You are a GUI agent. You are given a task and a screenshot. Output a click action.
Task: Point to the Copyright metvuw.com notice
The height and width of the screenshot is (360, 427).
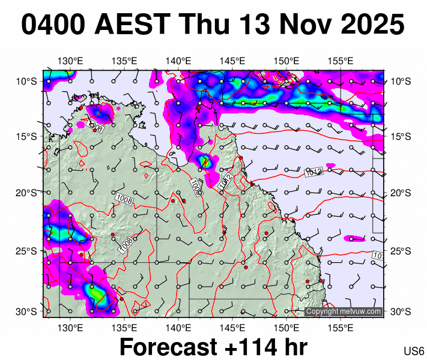tap(344, 311)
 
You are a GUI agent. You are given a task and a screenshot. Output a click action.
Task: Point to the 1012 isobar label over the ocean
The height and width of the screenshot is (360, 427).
tap(314, 172)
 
